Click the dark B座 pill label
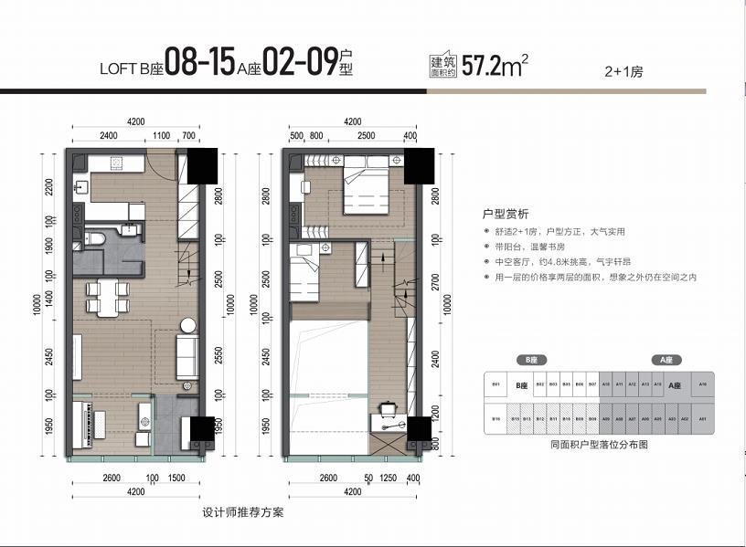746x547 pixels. click(528, 361)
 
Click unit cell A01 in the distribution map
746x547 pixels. click(703, 419)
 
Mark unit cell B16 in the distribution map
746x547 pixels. click(496, 419)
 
